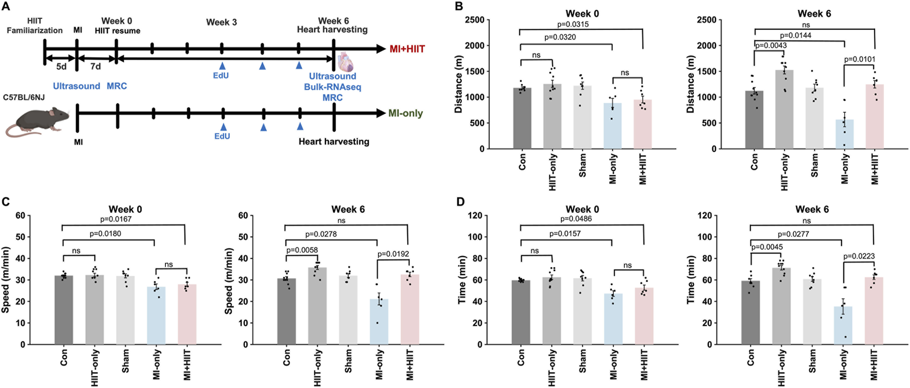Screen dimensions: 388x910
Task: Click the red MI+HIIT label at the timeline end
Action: point(407,49)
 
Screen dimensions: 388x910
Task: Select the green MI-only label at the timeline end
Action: point(405,113)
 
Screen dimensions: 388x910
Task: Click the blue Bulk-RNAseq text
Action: point(332,87)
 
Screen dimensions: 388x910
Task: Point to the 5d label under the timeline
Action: point(61,67)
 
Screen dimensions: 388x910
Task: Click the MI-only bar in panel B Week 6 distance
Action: point(844,134)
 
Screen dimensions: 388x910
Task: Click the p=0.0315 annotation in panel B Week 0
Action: point(574,24)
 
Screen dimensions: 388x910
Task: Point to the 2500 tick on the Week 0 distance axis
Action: point(475,20)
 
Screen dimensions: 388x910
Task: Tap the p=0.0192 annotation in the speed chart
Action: point(393,254)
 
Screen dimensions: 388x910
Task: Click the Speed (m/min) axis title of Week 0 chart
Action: point(6,280)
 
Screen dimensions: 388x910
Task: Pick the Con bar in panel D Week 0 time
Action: point(521,312)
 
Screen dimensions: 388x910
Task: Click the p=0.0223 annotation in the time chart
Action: point(859,256)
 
